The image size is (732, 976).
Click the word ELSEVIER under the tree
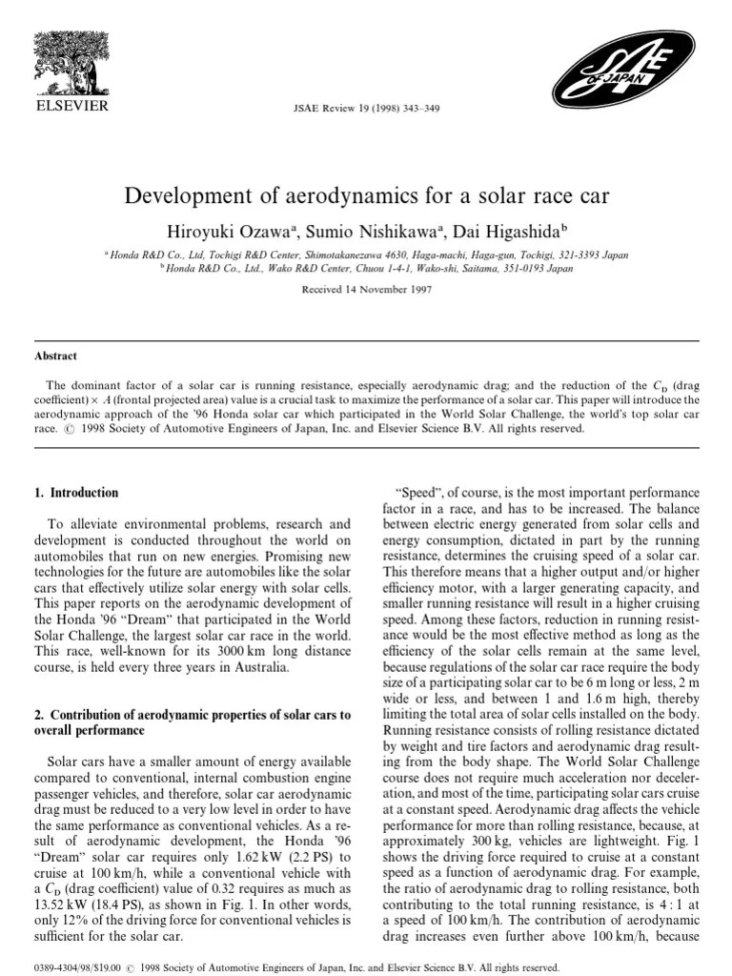(71, 105)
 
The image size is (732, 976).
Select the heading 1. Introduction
(76, 493)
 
